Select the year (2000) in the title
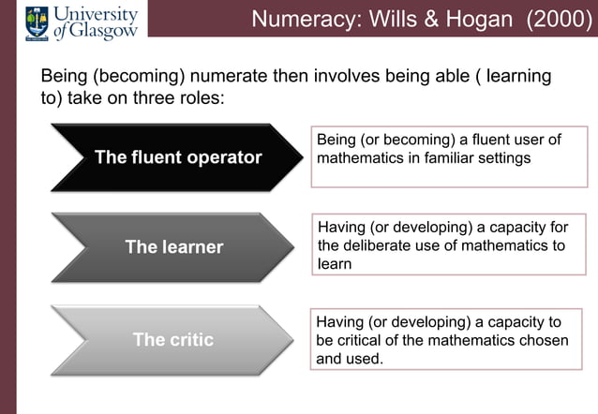pyautogui.click(x=560, y=19)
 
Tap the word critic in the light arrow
pyautogui.click(x=191, y=339)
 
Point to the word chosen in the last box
pyautogui.click(x=543, y=340)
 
